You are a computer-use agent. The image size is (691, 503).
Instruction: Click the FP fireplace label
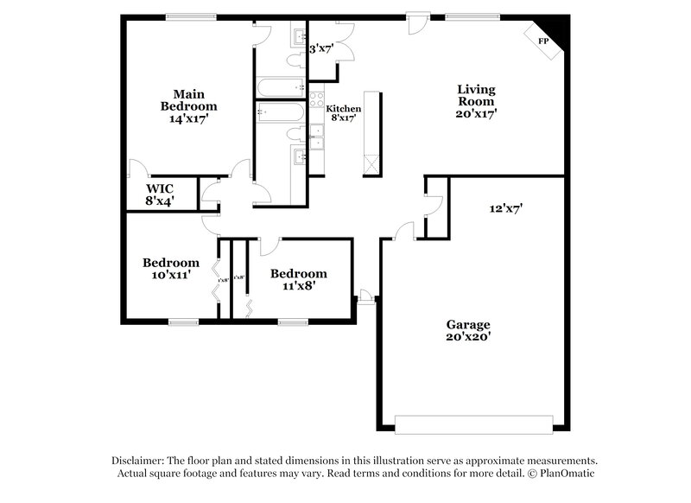[x=543, y=41]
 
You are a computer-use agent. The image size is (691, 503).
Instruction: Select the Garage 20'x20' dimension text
[x=469, y=336]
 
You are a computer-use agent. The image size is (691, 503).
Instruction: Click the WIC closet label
[x=161, y=188]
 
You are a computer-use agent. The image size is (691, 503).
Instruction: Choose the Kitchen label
[x=343, y=108]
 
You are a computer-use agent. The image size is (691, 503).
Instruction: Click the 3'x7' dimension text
[x=322, y=49]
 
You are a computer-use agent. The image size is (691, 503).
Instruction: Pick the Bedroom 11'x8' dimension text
[x=298, y=285]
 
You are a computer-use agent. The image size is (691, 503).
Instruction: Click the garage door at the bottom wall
[x=473, y=424]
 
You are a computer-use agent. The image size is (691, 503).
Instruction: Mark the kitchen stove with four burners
[x=316, y=99]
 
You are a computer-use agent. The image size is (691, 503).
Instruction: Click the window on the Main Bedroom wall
[x=191, y=16]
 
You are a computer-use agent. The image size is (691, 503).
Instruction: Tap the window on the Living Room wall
[x=472, y=16]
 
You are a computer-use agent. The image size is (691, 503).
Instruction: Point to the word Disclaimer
[x=137, y=461]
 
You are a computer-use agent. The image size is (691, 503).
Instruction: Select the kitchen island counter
[x=372, y=133]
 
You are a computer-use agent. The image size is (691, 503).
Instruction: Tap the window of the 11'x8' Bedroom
[x=293, y=322]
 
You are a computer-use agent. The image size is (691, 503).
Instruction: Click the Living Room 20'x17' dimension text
[x=476, y=112]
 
